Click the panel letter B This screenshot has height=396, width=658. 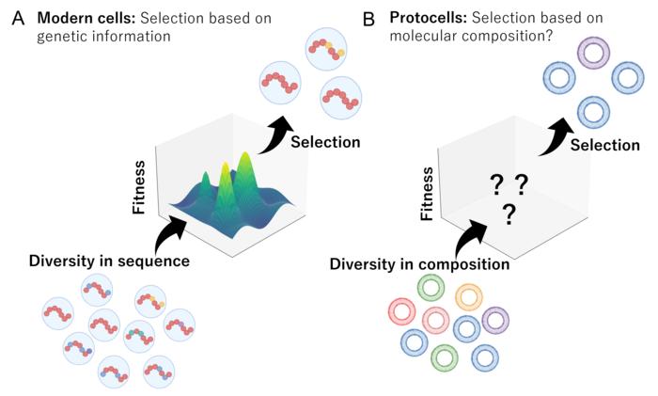point(344,19)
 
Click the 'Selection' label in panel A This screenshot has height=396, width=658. point(325,143)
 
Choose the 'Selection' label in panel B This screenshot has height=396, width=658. point(604,146)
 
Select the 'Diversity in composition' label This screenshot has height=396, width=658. point(419,264)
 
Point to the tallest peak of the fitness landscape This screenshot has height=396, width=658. point(248,161)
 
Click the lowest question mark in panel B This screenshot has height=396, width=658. point(509,215)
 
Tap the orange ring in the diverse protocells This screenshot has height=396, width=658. point(469,296)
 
